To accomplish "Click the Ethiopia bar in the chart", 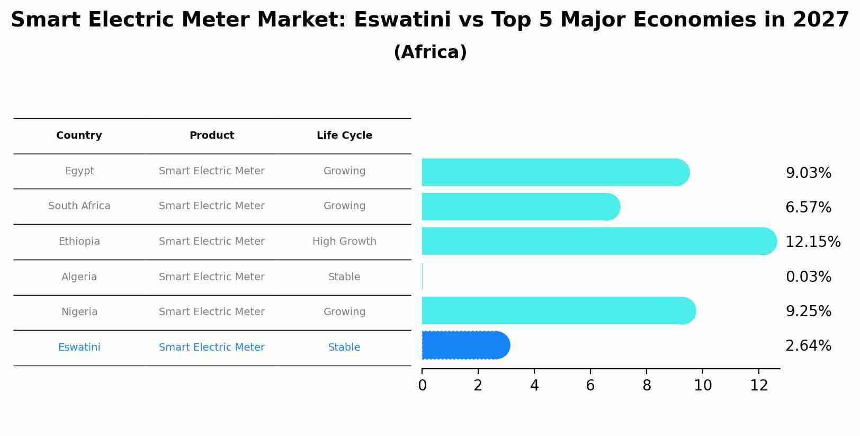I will pyautogui.click(x=598, y=241).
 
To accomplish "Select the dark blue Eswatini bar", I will pyautogui.click(x=465, y=345).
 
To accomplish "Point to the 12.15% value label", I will pyautogui.click(x=812, y=242).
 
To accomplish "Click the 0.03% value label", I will pyautogui.click(x=808, y=277).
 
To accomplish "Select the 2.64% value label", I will pyautogui.click(x=808, y=346).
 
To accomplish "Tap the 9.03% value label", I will pyautogui.click(x=808, y=173).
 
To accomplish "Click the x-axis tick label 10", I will pyautogui.click(x=703, y=386).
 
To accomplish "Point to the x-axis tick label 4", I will pyautogui.click(x=534, y=386).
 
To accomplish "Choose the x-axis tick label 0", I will pyautogui.click(x=422, y=386).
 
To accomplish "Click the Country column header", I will pyautogui.click(x=79, y=136).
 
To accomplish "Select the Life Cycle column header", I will pyautogui.click(x=344, y=136).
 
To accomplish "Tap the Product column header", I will pyautogui.click(x=212, y=136).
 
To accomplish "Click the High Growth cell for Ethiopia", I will pyautogui.click(x=344, y=242).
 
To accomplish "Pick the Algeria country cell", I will pyautogui.click(x=79, y=277).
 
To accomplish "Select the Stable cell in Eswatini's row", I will pyautogui.click(x=344, y=348).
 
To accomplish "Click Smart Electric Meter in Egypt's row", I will pyautogui.click(x=212, y=171).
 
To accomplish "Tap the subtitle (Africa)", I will pyautogui.click(x=430, y=52).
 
